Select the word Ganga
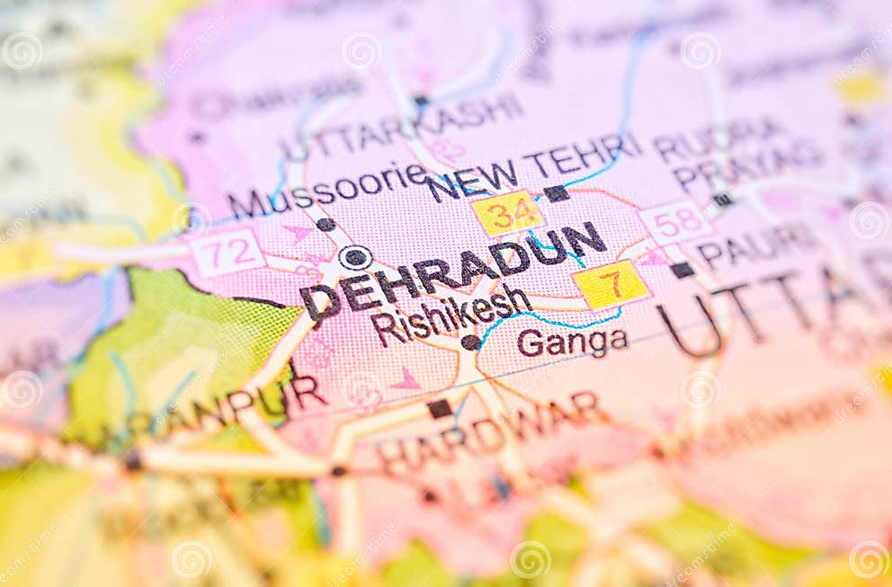pyautogui.click(x=572, y=342)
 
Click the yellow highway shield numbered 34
pyautogui.click(x=507, y=214)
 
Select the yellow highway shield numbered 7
pyautogui.click(x=611, y=285)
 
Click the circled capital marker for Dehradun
pyautogui.click(x=355, y=257)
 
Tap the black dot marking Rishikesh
pyautogui.click(x=470, y=342)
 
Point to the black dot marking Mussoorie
pyautogui.click(x=326, y=225)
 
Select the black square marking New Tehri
pyautogui.click(x=556, y=193)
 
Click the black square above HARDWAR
pyautogui.click(x=440, y=408)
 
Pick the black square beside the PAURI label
pyautogui.click(x=682, y=270)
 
